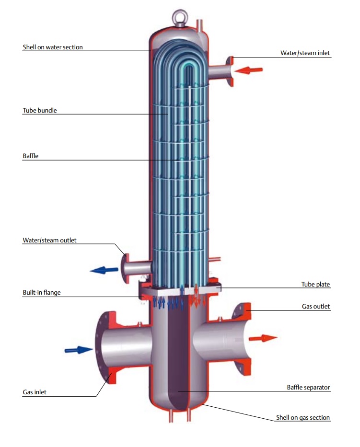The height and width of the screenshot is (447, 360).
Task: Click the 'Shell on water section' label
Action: tap(53, 47)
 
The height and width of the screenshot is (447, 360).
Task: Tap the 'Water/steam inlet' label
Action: tap(305, 53)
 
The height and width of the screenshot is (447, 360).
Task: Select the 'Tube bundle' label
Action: tap(40, 110)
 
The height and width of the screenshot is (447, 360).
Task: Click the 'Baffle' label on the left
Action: tap(31, 156)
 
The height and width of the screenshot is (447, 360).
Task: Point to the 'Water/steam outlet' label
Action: tap(50, 241)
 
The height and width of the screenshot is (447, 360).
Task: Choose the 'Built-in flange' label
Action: tap(42, 293)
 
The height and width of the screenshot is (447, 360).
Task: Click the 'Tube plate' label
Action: tap(315, 284)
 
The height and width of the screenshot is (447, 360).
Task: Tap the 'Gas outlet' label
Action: tap(316, 307)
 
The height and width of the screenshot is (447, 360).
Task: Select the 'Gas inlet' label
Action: tap(35, 392)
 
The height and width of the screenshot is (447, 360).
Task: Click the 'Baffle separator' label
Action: tap(308, 388)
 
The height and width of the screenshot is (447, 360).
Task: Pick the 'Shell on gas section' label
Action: tap(303, 418)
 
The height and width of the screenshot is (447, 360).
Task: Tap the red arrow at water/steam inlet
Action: tap(248, 70)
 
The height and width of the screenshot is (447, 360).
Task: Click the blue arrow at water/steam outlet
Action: tap(104, 270)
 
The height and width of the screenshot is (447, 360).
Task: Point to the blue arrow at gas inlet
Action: tap(79, 350)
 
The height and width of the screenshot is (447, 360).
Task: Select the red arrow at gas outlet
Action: tap(263, 338)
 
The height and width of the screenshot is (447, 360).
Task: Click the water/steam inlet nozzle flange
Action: tap(230, 71)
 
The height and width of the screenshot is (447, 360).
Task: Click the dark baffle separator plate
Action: tap(178, 354)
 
